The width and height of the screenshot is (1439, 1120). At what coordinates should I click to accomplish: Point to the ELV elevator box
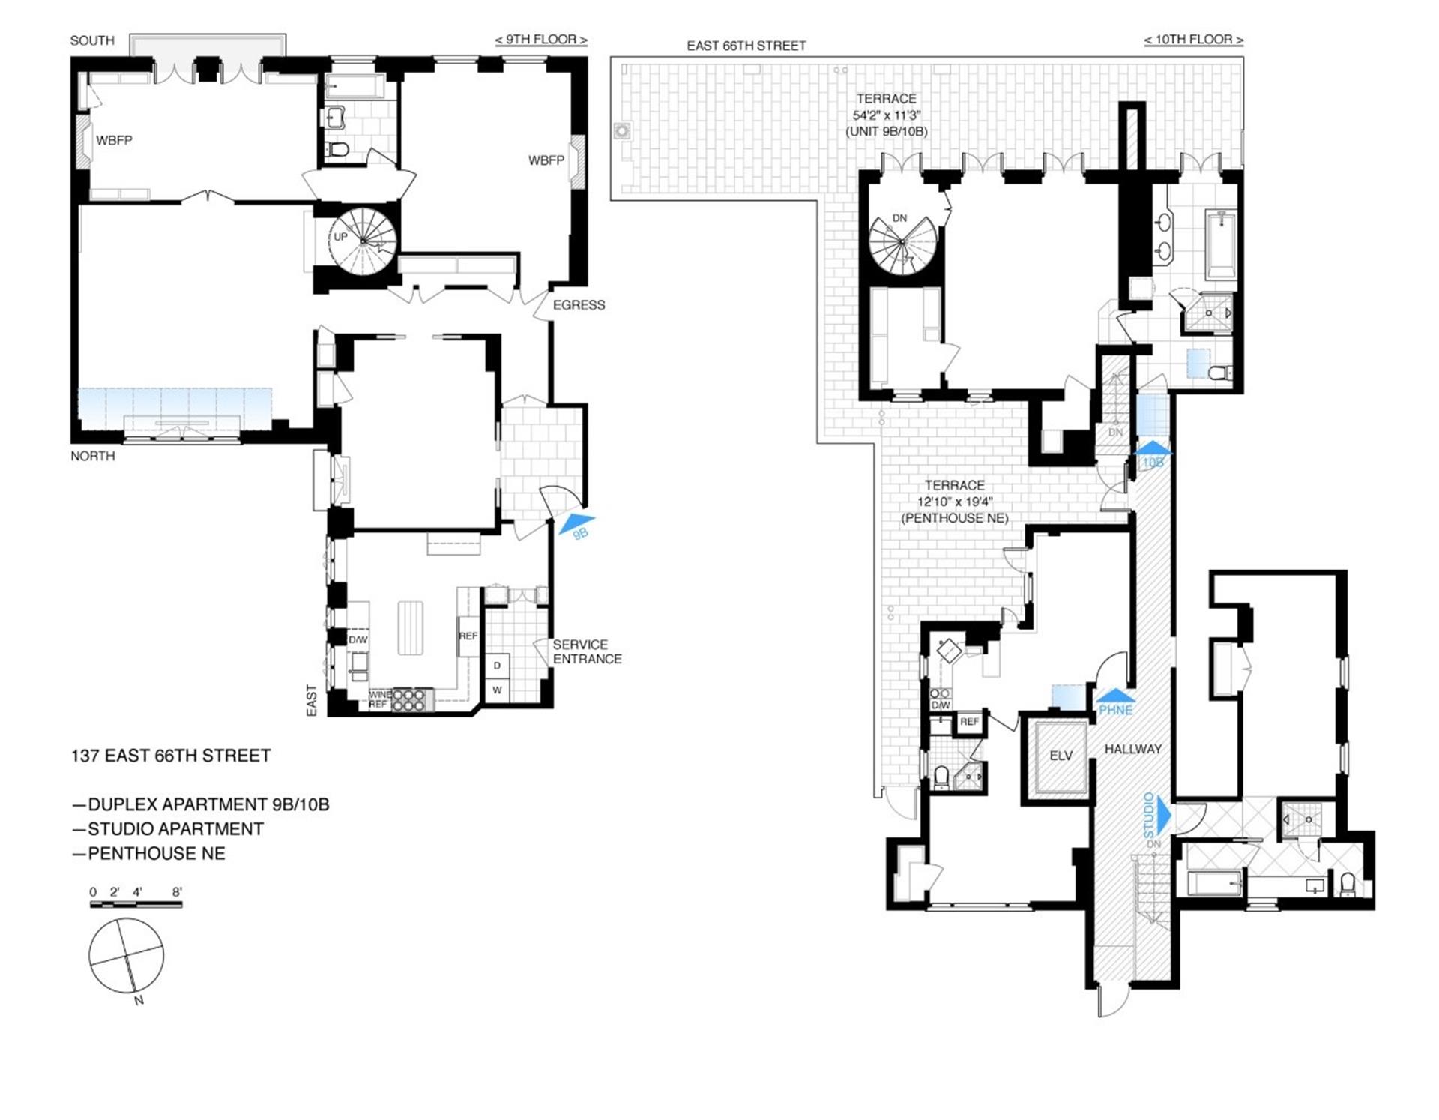(1061, 756)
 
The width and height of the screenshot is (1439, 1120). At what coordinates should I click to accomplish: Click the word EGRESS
(579, 305)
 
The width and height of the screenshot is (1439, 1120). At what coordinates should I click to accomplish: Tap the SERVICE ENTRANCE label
(587, 651)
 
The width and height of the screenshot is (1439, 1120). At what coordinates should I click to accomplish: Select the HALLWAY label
(1132, 749)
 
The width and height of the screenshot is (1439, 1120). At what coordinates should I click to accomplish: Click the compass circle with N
(126, 955)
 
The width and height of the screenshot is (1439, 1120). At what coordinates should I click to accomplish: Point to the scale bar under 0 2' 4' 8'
(136, 905)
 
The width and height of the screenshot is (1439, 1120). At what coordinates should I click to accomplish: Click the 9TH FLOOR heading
(541, 40)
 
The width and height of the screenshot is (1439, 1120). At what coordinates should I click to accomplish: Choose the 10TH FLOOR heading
(1193, 40)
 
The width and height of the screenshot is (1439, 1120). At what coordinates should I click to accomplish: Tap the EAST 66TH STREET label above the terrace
(746, 46)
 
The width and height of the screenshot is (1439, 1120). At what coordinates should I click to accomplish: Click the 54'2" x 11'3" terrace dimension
(886, 115)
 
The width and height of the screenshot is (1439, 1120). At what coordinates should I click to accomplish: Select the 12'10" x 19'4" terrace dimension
(955, 502)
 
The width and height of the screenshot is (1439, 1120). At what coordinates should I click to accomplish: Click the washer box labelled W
(497, 690)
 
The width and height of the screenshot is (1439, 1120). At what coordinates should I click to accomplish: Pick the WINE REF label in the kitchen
(378, 699)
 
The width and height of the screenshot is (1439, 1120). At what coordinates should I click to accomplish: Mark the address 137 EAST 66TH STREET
(171, 756)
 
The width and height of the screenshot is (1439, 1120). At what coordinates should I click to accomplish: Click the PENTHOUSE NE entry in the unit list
(156, 853)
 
